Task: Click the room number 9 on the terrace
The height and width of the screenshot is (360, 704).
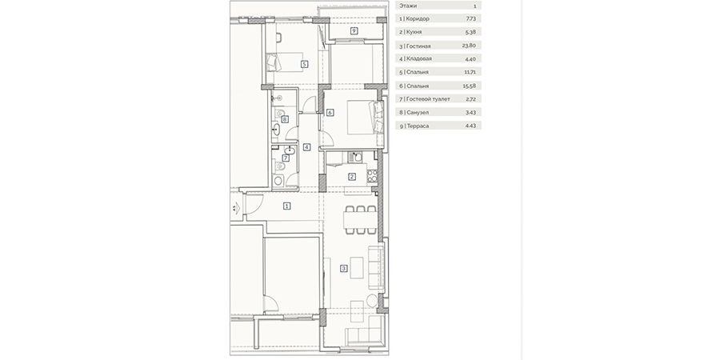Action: pos(354,31)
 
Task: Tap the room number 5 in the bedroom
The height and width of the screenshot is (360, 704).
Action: pos(305,64)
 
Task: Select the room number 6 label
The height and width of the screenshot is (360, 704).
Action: pos(330,113)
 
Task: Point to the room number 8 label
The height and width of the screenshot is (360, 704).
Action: pos(284,119)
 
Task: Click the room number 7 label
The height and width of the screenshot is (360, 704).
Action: pos(286,158)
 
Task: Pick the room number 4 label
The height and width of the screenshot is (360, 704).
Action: pos(306,146)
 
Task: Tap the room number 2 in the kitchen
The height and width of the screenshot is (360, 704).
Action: pos(352,177)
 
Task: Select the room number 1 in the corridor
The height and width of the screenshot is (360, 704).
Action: pos(287,206)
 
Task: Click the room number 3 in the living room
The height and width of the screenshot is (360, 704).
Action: pos(344,269)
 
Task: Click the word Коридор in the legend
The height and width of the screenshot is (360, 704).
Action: pos(417,19)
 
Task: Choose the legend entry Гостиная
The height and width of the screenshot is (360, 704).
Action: pos(418,46)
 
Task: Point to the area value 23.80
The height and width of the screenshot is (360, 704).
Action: pos(468,46)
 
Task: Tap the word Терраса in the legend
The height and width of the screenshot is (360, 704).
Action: pos(417,126)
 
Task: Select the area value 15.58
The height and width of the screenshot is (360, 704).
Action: pos(469,86)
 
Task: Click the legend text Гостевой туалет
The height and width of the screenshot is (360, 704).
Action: pos(427,98)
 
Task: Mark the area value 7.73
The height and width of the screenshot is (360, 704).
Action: pos(470,18)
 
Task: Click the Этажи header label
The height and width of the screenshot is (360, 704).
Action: pos(408,6)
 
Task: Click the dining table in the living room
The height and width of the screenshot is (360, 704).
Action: pos(360,220)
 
